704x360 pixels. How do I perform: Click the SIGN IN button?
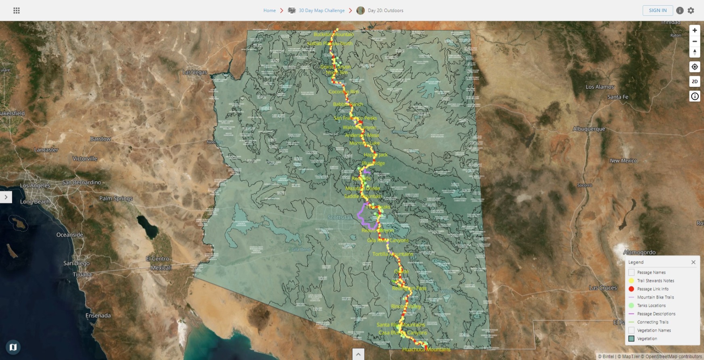click(x=657, y=10)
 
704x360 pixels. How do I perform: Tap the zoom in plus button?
click(x=694, y=30)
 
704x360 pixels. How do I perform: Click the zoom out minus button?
click(x=694, y=41)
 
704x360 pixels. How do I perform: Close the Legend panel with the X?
click(x=693, y=262)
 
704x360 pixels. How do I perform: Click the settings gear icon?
click(x=691, y=10)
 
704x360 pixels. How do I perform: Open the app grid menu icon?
click(x=17, y=10)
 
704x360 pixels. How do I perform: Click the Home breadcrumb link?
click(x=269, y=10)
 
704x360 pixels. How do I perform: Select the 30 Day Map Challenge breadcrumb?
click(x=321, y=10)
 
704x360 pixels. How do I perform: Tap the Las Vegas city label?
click(x=195, y=72)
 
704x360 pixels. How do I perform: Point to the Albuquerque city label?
click(x=589, y=129)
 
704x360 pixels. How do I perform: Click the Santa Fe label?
click(x=618, y=97)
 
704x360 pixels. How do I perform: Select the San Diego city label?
click(x=76, y=263)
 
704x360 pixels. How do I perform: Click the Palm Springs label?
click(x=116, y=199)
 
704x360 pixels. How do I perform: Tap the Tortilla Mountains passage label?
click(x=392, y=254)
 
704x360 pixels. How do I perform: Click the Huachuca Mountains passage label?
click(x=426, y=350)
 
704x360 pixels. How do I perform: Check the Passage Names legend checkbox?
click(x=631, y=272)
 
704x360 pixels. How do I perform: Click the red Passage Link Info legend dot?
click(x=631, y=289)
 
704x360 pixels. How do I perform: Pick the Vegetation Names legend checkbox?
click(x=631, y=331)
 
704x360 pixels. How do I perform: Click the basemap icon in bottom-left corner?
click(x=13, y=347)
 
